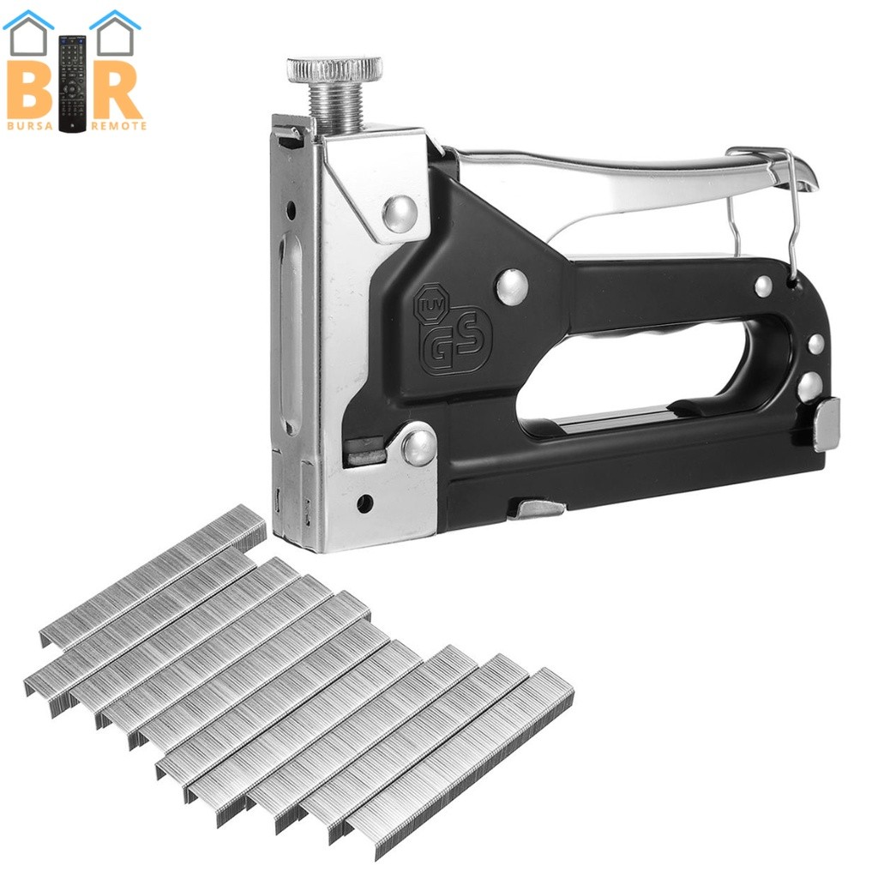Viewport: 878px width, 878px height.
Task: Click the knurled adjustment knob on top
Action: [x=335, y=69]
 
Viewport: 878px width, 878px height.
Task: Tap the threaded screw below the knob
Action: [x=335, y=109]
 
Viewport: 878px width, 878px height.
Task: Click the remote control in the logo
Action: [x=73, y=84]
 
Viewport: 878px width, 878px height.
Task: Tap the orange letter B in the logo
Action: [x=30, y=88]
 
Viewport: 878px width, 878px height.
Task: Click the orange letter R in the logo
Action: [x=115, y=88]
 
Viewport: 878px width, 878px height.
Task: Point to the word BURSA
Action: [x=30, y=126]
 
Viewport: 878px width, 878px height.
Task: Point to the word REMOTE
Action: [x=118, y=126]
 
